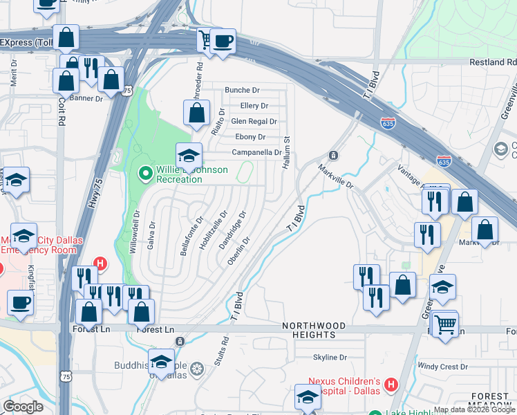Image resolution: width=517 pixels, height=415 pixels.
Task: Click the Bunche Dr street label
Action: coord(242,91)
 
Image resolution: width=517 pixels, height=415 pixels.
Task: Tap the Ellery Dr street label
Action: coord(254,106)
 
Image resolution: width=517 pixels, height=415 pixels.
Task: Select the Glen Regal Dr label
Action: coord(254,122)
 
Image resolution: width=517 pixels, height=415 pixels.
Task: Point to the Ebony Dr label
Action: coord(250,137)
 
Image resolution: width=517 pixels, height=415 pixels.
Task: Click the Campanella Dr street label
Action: coord(256,153)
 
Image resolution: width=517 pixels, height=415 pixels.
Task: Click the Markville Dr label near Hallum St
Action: coord(336,177)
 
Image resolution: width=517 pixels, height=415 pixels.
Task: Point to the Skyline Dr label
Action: coord(330,358)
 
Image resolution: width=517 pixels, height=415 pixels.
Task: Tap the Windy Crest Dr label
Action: coord(443,367)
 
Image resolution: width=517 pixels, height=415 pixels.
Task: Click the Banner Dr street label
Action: coord(86,98)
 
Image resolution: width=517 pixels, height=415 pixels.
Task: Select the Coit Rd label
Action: coord(62,114)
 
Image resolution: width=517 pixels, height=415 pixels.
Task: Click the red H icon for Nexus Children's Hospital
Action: coord(391,385)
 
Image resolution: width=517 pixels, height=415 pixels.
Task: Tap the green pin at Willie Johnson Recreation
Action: coord(145,172)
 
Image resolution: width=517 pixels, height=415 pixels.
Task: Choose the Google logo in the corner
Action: coord(23,407)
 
